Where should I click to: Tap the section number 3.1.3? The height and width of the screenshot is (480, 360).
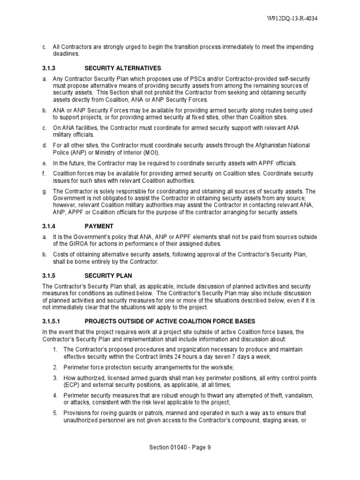[50, 68]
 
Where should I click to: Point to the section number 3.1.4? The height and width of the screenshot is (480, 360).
[50, 225]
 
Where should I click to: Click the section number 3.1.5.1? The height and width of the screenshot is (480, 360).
[52, 321]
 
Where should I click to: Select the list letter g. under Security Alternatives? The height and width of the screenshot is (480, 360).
[44, 191]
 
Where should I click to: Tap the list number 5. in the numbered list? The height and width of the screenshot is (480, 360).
[55, 413]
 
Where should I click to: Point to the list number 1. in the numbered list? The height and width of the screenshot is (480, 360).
[55, 349]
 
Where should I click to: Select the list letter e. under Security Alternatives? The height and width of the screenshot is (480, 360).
[44, 163]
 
